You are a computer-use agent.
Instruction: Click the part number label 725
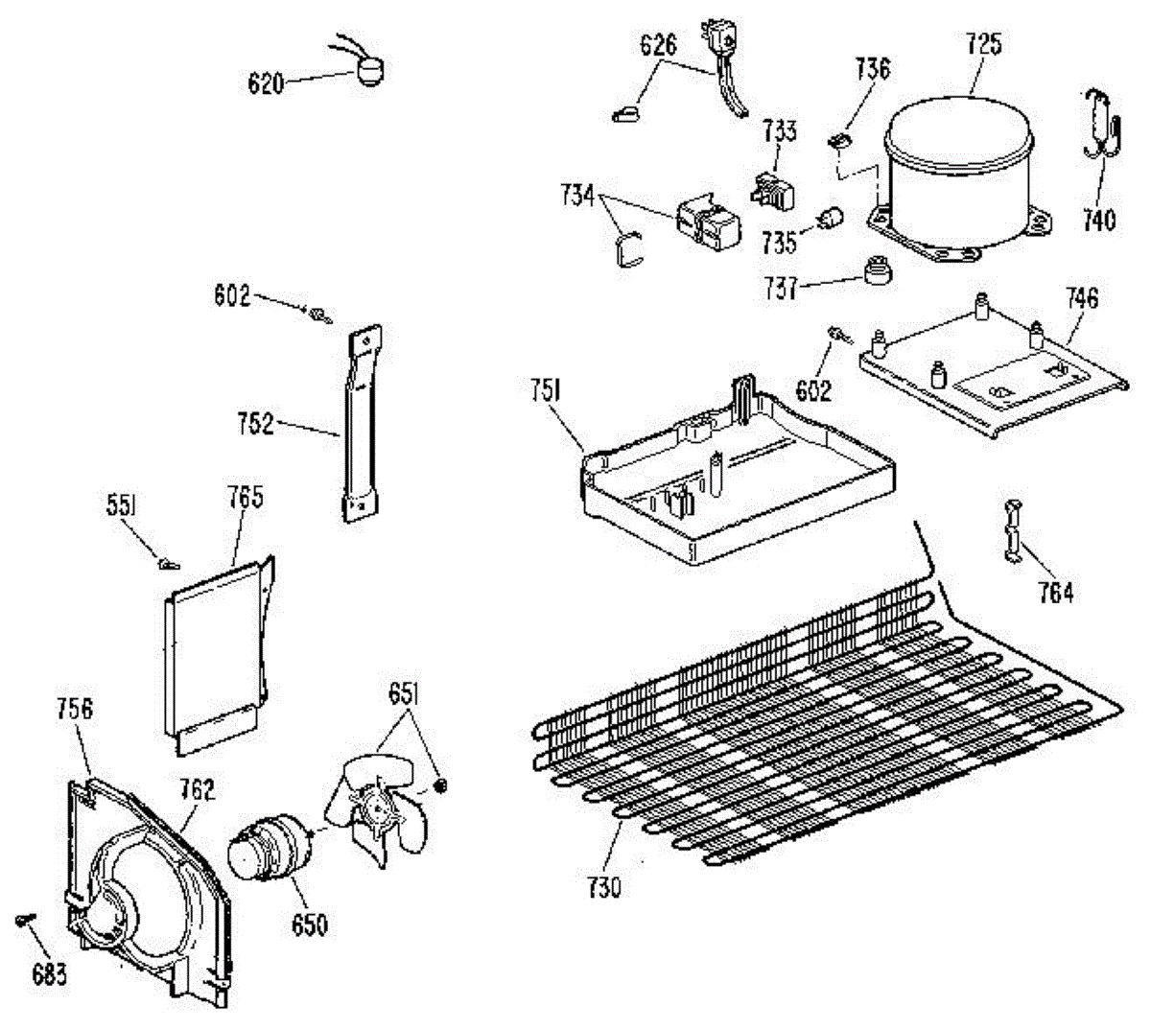pos(982,44)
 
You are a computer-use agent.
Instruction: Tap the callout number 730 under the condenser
pos(603,886)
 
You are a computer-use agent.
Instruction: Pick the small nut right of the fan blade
pos(442,785)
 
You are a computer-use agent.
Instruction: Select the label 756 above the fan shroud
pos(74,709)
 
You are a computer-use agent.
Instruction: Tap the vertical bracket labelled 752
pos(359,422)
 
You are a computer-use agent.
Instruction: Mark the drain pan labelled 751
pos(739,480)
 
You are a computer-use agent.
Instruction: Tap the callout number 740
pos(1098,220)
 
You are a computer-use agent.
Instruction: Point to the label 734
pos(576,196)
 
